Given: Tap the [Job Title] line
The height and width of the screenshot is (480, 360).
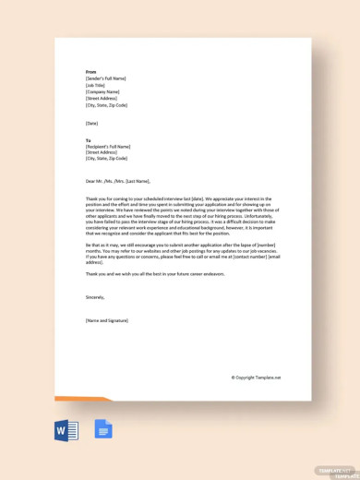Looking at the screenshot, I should pos(97,86).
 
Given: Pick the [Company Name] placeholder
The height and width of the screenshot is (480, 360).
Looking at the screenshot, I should pos(102,92).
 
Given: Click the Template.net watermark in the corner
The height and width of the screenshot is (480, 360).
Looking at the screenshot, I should pos(337,470).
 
